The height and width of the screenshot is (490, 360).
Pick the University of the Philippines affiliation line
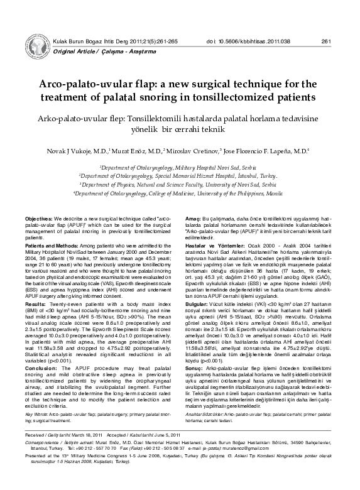[x=179, y=194]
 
